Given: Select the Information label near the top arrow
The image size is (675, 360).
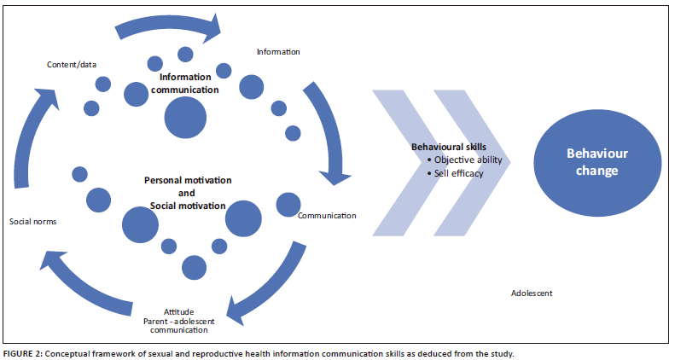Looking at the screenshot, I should coord(278,52).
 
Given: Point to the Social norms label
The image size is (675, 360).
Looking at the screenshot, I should coord(32,222).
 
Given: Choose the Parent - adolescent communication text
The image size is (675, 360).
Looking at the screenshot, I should coord(178,325).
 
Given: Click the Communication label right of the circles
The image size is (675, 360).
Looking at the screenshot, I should coord(327,216).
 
